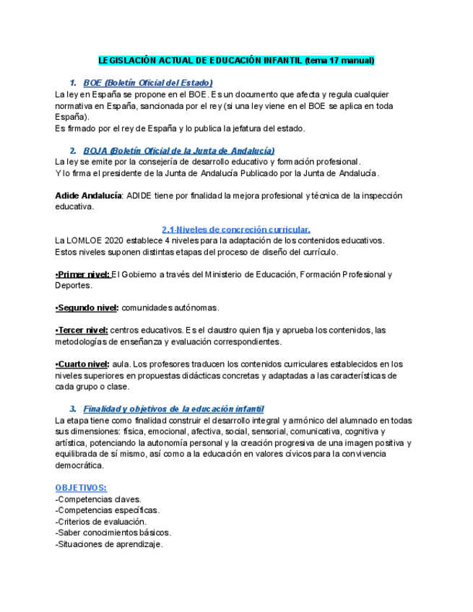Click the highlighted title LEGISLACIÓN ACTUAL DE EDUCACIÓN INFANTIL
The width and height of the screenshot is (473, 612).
coord(236,61)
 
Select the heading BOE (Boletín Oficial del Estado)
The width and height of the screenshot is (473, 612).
coord(148,83)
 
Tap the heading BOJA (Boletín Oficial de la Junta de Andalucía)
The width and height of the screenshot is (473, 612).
coord(178,150)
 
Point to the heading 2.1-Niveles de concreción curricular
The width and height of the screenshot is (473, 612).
coord(236,229)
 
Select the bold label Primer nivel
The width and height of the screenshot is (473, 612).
coord(82,274)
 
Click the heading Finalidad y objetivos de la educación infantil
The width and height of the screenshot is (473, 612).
coord(173,409)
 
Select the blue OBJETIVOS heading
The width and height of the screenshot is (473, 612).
coord(81,488)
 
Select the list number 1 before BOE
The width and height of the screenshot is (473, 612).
coord(73,83)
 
